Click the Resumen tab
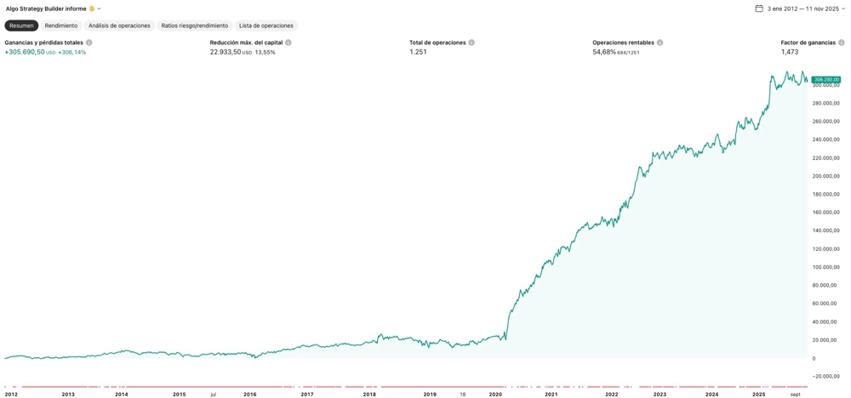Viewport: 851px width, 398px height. tap(21, 26)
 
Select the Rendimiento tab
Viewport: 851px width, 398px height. tap(61, 26)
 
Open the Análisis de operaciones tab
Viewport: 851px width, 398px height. tap(119, 26)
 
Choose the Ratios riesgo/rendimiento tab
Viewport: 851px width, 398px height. tap(195, 26)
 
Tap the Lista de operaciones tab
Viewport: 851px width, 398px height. tap(266, 26)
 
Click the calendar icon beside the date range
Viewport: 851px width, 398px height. tap(759, 9)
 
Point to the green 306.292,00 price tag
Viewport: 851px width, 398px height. tap(825, 80)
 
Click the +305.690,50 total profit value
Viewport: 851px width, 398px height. tap(25, 52)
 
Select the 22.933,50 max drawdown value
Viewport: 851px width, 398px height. tap(226, 52)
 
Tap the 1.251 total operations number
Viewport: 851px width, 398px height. tap(418, 52)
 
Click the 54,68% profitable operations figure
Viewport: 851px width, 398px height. tap(604, 52)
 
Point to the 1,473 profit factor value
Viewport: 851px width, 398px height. tap(790, 52)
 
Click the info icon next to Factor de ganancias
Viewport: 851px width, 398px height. tap(842, 43)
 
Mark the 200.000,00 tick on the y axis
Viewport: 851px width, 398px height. tap(825, 176)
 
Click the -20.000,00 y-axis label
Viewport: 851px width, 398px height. tap(825, 377)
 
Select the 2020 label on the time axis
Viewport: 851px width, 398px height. tap(496, 394)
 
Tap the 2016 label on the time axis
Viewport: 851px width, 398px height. tap(249, 394)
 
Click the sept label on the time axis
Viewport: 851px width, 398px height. tap(795, 394)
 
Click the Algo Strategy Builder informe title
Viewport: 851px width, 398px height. tap(46, 9)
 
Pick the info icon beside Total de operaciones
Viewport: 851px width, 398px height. tap(471, 43)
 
